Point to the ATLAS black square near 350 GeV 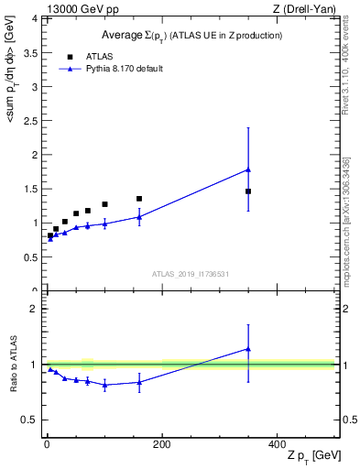(248, 191)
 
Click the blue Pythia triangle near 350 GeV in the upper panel (248, 169)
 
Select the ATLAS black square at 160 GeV (139, 199)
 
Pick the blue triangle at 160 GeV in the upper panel (139, 216)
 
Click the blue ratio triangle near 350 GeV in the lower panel (248, 348)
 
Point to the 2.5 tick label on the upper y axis (30, 121)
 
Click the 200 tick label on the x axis (162, 444)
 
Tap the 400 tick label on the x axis (278, 444)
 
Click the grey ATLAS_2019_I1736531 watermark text (190, 274)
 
